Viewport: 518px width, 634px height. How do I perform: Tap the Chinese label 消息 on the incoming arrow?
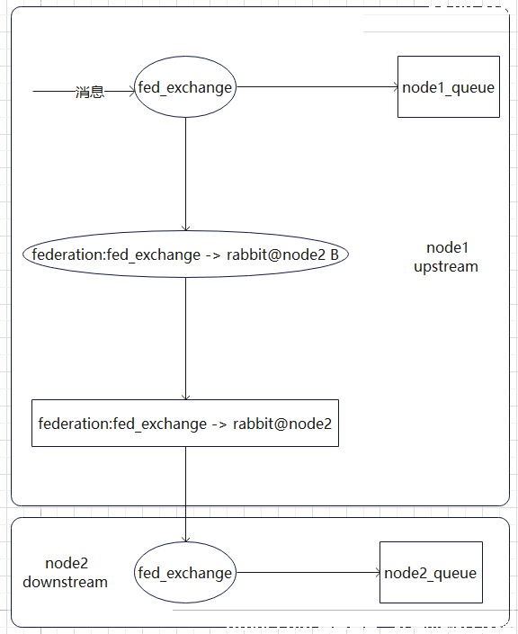tap(90, 92)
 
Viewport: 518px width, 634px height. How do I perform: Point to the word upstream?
tap(446, 267)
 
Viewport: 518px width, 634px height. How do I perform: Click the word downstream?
tap(65, 582)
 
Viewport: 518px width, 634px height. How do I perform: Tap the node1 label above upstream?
tap(447, 248)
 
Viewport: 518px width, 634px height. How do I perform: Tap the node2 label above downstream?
tap(67, 563)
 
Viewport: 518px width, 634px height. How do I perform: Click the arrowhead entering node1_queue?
tap(396, 86)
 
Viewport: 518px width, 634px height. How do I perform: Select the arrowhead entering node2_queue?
tap(378, 573)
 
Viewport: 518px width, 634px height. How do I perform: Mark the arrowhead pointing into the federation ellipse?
tap(185, 228)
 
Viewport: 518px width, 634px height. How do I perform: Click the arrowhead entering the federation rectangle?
tap(185, 397)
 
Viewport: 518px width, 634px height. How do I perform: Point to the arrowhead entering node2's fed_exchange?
tap(185, 540)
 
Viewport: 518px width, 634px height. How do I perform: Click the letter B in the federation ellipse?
tap(335, 254)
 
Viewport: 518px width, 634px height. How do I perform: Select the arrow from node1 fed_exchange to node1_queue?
tap(317, 86)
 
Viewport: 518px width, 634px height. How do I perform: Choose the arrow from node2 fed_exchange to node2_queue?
tap(308, 573)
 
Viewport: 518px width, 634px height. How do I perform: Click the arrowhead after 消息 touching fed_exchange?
tap(132, 92)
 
